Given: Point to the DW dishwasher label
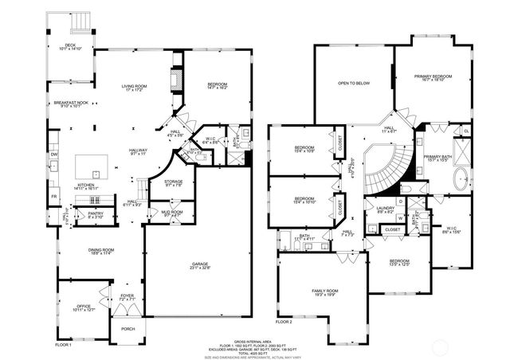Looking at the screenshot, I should click(x=53, y=154).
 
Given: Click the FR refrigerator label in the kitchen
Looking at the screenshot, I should click(x=53, y=195).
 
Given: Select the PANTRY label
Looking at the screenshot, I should click(x=95, y=213).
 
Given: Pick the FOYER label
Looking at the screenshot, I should click(x=127, y=295).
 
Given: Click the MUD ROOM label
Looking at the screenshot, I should click(x=172, y=211).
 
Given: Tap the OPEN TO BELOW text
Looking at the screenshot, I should click(x=353, y=83).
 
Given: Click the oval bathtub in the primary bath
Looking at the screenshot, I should click(x=461, y=178).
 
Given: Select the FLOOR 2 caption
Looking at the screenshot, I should click(x=284, y=322).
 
